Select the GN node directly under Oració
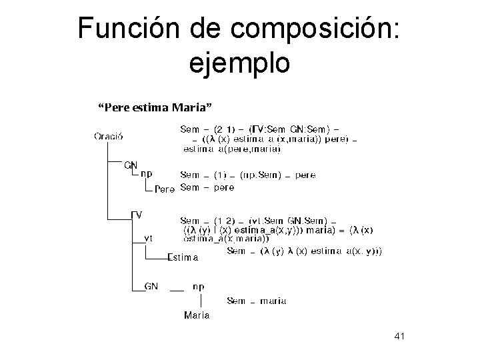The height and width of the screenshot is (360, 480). [x=131, y=164]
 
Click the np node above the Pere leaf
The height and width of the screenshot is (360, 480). [x=146, y=173]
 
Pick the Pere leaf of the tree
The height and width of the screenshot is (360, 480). [x=165, y=189]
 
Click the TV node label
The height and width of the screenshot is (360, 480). [x=136, y=215]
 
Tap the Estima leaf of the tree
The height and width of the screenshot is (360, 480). [x=183, y=257]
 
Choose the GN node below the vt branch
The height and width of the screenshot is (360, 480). [x=152, y=286]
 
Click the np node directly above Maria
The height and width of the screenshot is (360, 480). [x=199, y=286]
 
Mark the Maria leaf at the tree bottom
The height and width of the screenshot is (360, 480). [x=197, y=315]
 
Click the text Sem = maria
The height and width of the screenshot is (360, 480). [x=257, y=301]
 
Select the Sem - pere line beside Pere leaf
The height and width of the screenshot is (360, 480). [x=207, y=188]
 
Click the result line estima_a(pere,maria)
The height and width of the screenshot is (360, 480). [x=231, y=149]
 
